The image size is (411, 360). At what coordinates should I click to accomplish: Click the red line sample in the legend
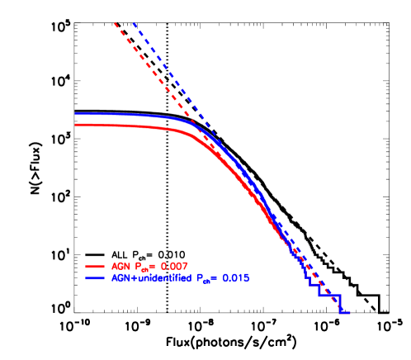(x=94, y=267)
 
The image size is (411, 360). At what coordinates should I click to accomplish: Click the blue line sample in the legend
(x=94, y=279)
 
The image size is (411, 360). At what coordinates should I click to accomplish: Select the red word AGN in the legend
(x=120, y=267)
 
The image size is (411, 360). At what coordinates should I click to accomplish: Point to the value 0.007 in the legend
(x=174, y=267)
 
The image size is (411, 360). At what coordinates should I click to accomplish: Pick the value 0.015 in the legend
(x=234, y=279)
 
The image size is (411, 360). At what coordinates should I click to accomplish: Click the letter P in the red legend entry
(x=136, y=267)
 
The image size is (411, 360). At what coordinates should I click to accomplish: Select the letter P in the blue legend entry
(x=199, y=279)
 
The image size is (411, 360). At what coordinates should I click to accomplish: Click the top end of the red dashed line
(x=115, y=22)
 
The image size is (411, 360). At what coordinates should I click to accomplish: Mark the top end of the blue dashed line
(x=133, y=22)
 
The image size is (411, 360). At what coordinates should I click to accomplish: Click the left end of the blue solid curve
(x=75, y=114)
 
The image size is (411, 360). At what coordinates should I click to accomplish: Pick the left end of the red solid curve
(x=75, y=125)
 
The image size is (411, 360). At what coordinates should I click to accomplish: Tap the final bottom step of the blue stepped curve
(x=345, y=312)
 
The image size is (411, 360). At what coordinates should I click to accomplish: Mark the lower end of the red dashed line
(x=338, y=302)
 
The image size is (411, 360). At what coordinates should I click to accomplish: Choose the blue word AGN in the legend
(x=120, y=279)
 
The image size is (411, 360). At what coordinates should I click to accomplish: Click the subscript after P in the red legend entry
(x=144, y=269)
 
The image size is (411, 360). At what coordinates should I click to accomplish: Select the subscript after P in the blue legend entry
(x=206, y=282)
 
